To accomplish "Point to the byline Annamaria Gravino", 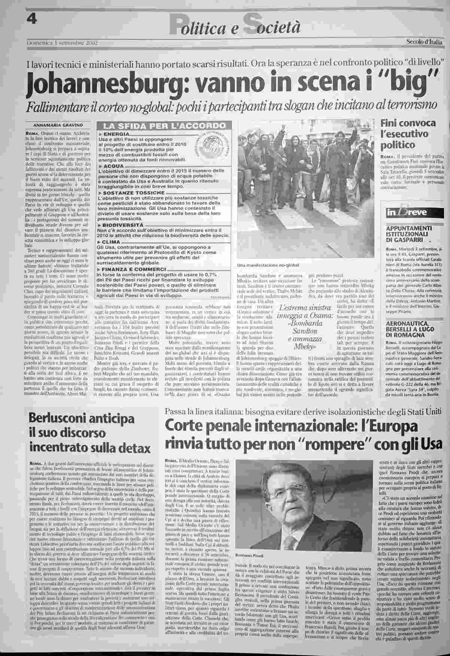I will point(58,125).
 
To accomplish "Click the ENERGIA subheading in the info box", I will point(114,134).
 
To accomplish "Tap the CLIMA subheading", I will point(110,242).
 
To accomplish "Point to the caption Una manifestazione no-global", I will point(268,266).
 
